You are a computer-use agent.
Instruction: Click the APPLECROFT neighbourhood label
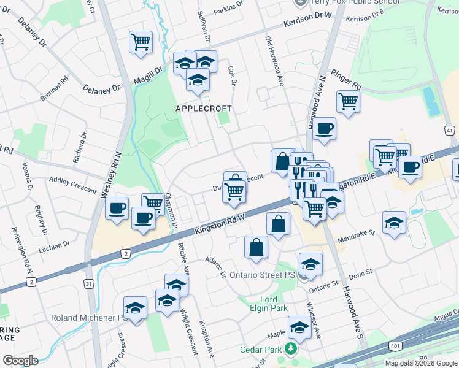[x=204, y=109]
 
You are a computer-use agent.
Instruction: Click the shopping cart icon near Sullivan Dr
[x=141, y=42]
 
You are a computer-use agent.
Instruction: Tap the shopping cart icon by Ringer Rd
[x=348, y=101]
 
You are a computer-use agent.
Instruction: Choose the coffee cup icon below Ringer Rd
[x=324, y=129]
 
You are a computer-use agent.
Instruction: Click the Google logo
[x=20, y=361]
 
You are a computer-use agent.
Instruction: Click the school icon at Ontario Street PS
[x=311, y=264]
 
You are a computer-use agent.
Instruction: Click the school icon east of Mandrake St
[x=394, y=223]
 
